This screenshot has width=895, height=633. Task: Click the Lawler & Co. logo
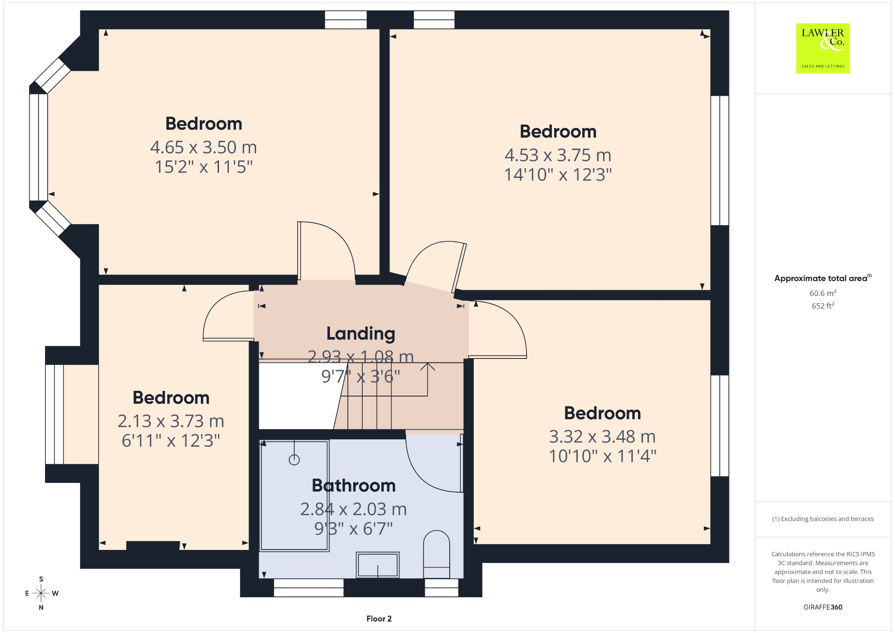coord(823,48)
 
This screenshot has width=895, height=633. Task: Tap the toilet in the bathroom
coord(437,554)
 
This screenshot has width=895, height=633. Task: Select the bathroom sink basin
coord(378,565)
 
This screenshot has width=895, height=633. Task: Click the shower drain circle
coord(294,459)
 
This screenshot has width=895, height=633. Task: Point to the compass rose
coord(41,593)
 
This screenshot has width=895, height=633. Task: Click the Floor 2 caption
coord(379,619)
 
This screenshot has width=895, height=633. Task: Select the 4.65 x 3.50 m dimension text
coord(204,147)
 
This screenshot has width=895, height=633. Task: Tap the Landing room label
coord(361,334)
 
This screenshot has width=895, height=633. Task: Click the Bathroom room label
coord(354,486)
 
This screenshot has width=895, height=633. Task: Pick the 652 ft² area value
coord(823,306)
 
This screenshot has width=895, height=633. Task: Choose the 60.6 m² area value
coord(823,293)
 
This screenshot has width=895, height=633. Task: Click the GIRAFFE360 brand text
coord(823,607)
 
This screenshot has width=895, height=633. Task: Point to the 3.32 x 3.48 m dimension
coord(602,436)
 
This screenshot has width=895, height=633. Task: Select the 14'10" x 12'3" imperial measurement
coord(558,175)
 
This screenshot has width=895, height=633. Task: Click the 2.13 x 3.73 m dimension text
coord(171,421)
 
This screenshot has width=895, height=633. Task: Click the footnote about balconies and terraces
coord(823,519)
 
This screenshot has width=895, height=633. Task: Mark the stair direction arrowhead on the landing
coord(427,366)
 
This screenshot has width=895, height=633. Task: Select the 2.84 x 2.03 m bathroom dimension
coord(354,509)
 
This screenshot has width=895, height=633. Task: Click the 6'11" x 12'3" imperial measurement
coord(171,441)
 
